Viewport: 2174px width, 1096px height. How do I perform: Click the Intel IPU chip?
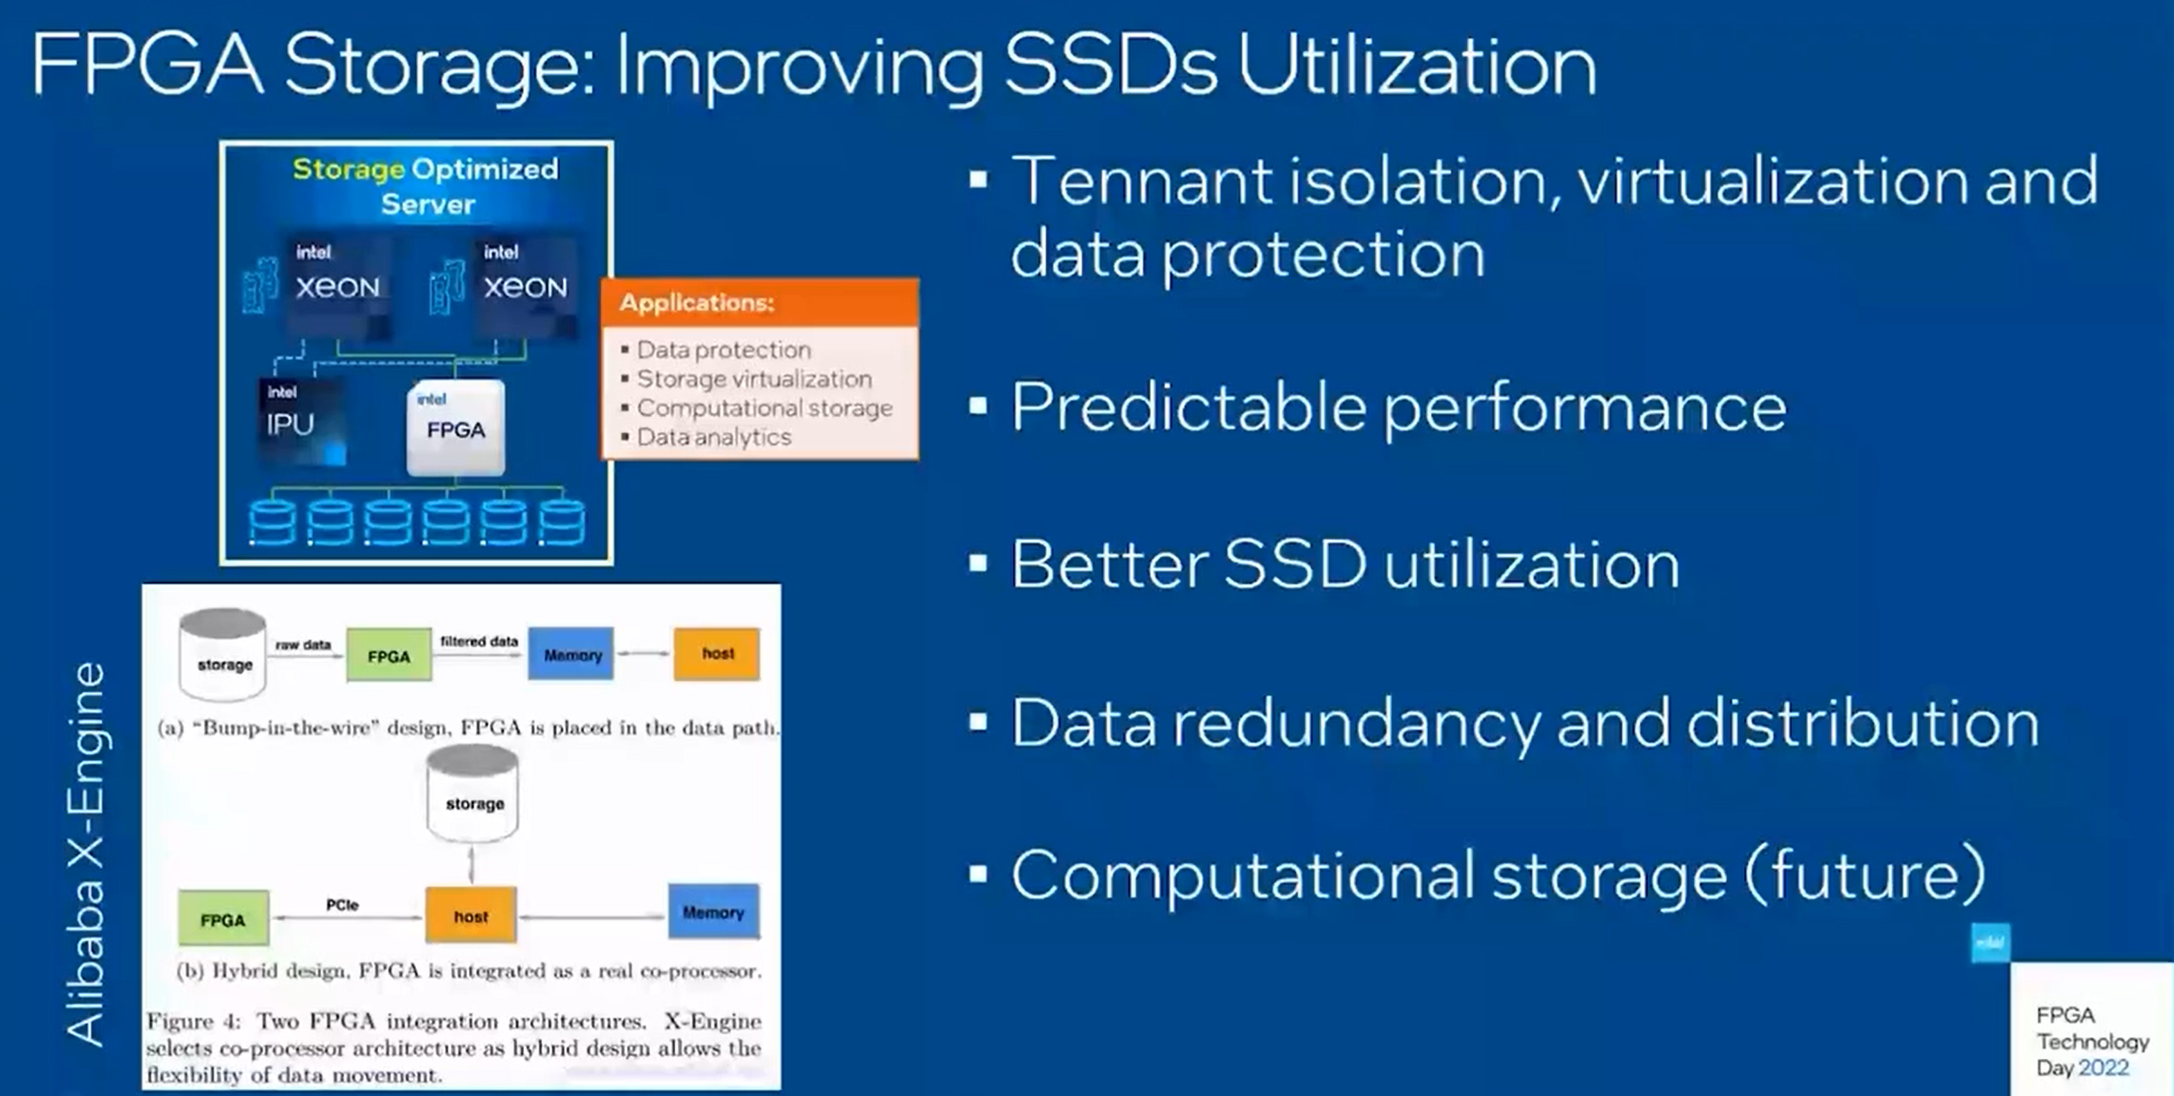[302, 421]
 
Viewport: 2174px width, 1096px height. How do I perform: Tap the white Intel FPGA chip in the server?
[456, 428]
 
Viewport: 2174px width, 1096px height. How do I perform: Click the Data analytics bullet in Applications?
[713, 437]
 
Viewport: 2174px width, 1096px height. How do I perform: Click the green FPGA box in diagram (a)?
[389, 655]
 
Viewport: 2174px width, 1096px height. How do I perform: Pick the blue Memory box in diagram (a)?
[572, 654]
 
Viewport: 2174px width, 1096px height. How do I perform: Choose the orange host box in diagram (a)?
[716, 654]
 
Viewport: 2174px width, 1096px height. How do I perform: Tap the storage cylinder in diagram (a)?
[223, 655]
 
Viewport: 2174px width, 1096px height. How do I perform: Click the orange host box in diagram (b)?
[471, 915]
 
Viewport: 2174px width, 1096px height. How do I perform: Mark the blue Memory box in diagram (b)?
[714, 912]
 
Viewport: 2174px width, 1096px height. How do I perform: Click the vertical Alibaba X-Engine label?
[85, 854]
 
